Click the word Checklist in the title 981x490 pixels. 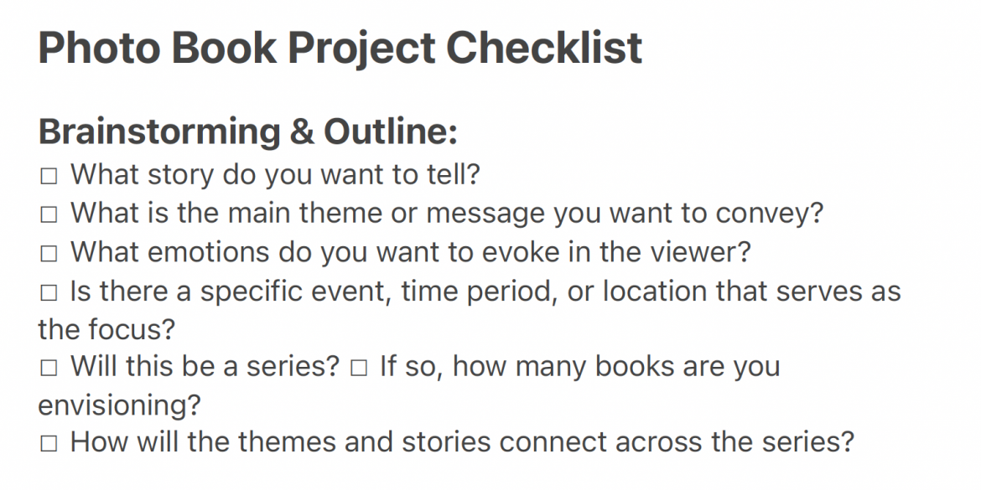coord(543,48)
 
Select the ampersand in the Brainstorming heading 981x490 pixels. coord(302,132)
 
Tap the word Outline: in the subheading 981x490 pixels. coord(391,132)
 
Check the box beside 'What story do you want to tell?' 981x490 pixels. coord(48,176)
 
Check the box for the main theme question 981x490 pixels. coord(48,215)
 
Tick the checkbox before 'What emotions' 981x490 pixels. coord(48,254)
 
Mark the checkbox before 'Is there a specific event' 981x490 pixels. coord(48,292)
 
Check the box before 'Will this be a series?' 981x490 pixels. coord(48,368)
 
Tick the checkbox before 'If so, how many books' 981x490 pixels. coord(359,368)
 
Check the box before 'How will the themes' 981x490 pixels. coord(48,444)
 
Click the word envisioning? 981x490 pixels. coord(120,405)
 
